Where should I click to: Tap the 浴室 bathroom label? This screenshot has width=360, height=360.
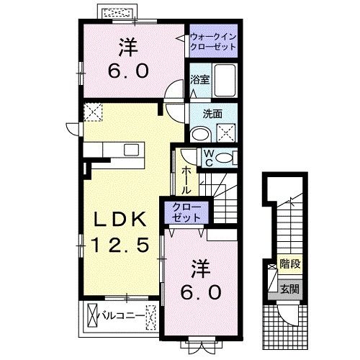(x=199, y=80)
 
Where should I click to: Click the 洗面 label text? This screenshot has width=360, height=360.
(x=212, y=113)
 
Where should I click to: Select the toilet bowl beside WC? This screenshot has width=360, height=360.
(x=225, y=158)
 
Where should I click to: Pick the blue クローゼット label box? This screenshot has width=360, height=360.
(x=186, y=211)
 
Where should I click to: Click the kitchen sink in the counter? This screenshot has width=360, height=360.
(x=131, y=149)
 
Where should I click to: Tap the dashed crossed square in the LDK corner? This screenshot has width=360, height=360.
(x=93, y=112)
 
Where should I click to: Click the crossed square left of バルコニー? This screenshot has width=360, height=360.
(x=91, y=315)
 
